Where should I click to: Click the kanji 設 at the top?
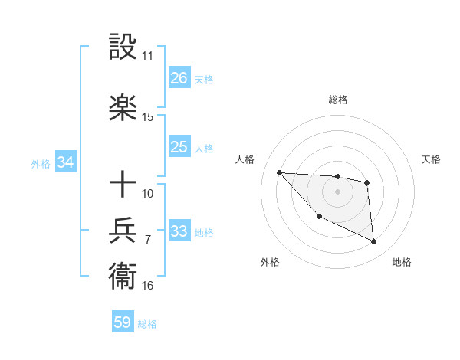[x=123, y=48]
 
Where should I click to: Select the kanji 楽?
[x=123, y=108]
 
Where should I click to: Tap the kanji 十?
[x=123, y=185]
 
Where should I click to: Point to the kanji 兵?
[x=123, y=231]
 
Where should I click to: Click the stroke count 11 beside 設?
[x=147, y=56]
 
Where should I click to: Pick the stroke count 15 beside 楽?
[x=147, y=117]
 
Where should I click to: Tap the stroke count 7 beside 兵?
[x=147, y=239]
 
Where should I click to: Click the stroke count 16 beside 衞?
[x=147, y=286]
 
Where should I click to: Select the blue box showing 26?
[x=179, y=78]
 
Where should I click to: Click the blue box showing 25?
[x=179, y=147]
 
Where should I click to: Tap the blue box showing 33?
[x=179, y=231]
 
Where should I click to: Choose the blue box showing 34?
[x=65, y=162]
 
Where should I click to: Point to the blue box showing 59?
[x=122, y=322]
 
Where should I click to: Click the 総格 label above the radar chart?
[x=337, y=100]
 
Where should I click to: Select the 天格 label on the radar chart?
[x=431, y=159]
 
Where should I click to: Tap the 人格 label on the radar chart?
[x=245, y=159]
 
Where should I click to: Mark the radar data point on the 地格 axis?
[x=374, y=242]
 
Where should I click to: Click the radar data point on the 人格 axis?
[x=279, y=172]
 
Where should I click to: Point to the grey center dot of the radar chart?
[x=337, y=191]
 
